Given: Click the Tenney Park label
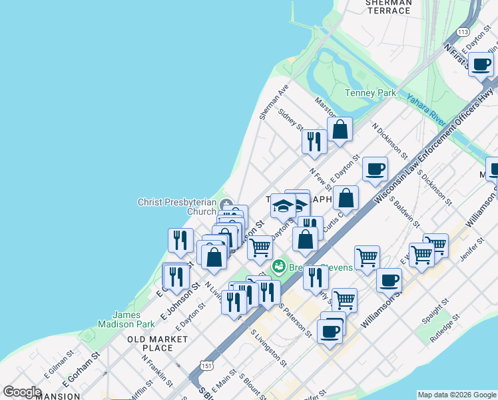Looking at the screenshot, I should tap(370, 93).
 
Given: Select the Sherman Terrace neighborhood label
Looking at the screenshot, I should tap(388, 7).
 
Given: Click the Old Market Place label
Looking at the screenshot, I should tap(158, 343).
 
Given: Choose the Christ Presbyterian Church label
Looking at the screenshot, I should tap(176, 207).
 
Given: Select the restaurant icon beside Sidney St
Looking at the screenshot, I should tap(313, 141).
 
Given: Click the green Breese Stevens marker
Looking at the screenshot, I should tap(279, 267).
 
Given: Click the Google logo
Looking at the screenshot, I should tap(22, 392).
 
